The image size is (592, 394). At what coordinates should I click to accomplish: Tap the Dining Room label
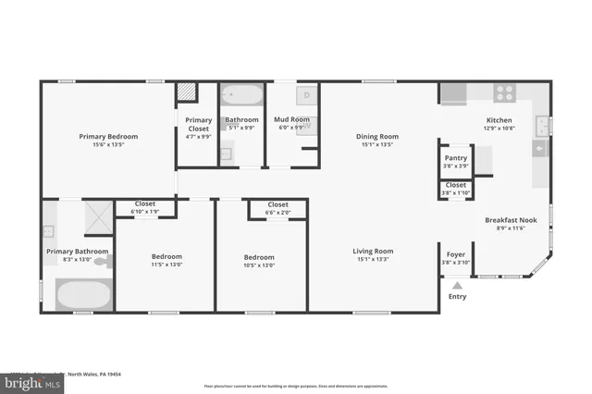click(376, 137)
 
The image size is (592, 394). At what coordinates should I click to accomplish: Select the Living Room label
click(373, 251)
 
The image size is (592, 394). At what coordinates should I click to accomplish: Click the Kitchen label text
click(499, 121)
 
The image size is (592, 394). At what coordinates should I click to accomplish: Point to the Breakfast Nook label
click(505, 220)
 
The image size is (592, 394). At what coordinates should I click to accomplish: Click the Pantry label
click(456, 158)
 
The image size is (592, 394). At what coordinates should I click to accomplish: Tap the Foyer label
click(456, 254)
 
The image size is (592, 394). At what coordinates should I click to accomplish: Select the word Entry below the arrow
click(457, 297)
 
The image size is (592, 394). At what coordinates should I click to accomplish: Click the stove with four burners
click(505, 93)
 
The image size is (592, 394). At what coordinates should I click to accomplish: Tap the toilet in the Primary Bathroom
click(103, 263)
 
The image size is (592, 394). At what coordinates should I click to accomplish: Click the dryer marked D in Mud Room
click(306, 94)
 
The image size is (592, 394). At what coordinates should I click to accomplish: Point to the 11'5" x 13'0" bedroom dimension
click(167, 265)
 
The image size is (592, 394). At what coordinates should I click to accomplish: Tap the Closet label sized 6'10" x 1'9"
click(145, 203)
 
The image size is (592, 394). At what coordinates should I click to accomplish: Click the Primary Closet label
click(198, 124)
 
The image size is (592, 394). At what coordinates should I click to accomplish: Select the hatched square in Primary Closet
click(188, 92)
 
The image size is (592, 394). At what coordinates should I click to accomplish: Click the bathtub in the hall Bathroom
click(242, 94)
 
